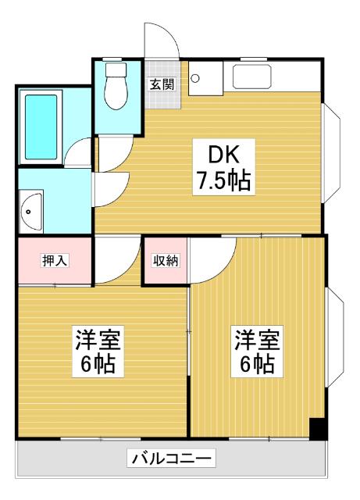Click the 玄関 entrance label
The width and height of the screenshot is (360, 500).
(x=162, y=84)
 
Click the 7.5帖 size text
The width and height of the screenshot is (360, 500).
(x=223, y=181)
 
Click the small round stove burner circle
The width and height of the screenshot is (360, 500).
(x=195, y=77)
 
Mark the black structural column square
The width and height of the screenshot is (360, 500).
(x=317, y=429)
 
